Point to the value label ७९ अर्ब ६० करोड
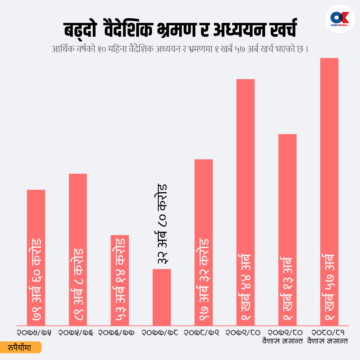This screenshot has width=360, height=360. (x=36, y=281)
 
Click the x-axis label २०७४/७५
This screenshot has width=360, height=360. (x=34, y=332)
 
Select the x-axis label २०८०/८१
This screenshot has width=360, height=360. (x=327, y=332)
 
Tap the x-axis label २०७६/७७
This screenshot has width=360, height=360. (x=116, y=332)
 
